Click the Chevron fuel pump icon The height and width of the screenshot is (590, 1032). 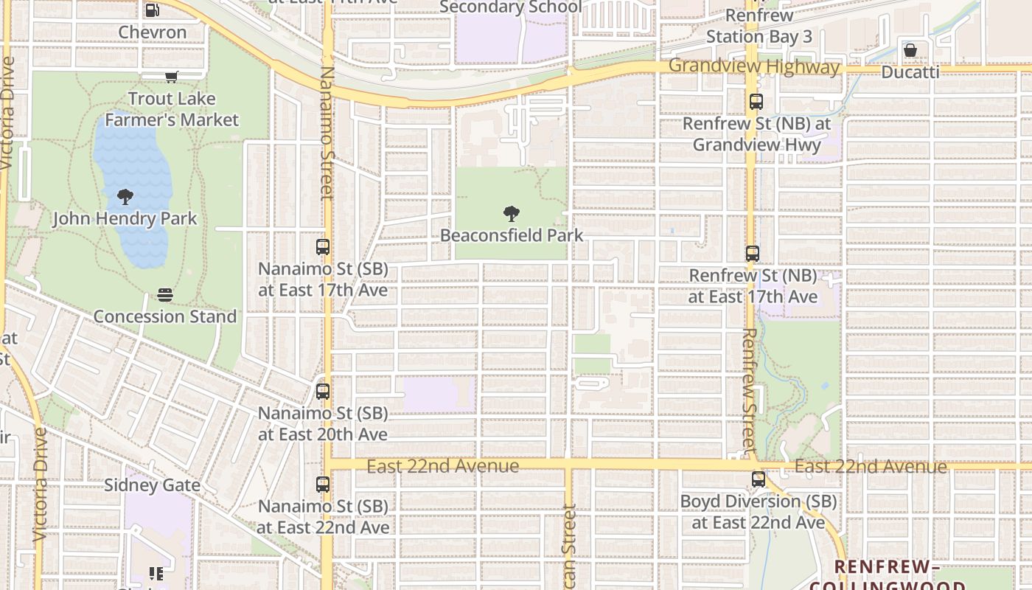(x=152, y=10)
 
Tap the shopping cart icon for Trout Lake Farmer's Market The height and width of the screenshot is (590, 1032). (x=172, y=77)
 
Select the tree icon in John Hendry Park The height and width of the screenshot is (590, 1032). (x=125, y=197)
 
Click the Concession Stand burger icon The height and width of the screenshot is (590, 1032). (x=165, y=295)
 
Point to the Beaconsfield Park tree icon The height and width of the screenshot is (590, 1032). (x=511, y=215)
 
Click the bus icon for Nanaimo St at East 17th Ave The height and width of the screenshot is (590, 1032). (x=323, y=247)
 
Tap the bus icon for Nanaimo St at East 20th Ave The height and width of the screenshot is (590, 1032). (x=323, y=392)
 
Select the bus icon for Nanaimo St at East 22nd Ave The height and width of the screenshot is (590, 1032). (x=323, y=485)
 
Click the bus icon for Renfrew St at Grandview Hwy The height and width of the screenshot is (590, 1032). (x=756, y=102)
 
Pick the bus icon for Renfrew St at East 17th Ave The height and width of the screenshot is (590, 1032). (x=752, y=254)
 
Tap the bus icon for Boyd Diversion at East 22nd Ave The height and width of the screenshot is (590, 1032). (x=758, y=479)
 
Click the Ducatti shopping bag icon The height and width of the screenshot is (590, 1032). (x=910, y=50)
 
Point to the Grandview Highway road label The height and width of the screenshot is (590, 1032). (x=754, y=67)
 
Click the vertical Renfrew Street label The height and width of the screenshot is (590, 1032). (x=749, y=391)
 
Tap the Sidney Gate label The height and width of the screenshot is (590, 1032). (x=152, y=485)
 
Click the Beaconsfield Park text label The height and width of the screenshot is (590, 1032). (x=512, y=236)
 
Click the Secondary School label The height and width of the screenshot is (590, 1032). (x=510, y=7)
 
